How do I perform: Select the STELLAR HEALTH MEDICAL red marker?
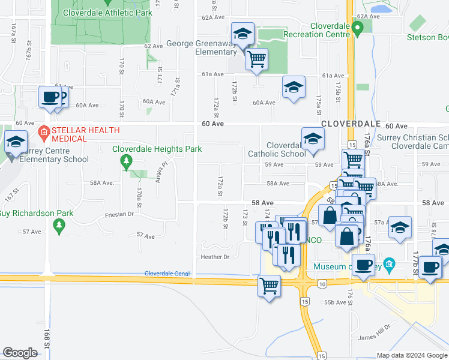tap(43, 131)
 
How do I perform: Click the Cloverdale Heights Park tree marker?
tap(125, 161)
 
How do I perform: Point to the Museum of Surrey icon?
tap(389, 264)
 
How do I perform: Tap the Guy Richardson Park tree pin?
tap(59, 226)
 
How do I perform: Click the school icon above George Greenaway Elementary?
tap(243, 34)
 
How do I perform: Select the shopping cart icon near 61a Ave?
tap(256, 59)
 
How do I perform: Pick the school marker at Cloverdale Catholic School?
tap(313, 140)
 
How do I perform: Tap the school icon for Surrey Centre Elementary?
tap(16, 143)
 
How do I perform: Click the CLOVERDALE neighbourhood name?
tap(351, 123)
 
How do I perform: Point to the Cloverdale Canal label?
tap(167, 274)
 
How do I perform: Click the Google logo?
tap(20, 353)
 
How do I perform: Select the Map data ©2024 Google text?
tap(412, 355)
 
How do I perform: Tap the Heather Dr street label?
tap(215, 257)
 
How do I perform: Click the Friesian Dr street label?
tap(118, 214)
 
